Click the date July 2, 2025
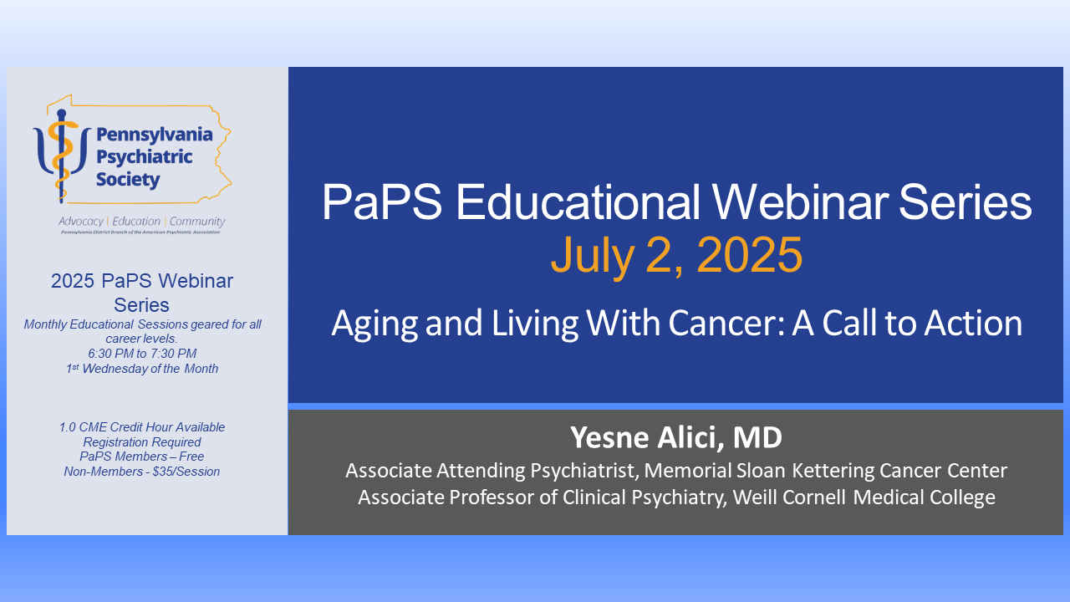pos(676,256)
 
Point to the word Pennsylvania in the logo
pos(155,134)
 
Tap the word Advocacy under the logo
pos(81,222)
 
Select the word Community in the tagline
pos(197,222)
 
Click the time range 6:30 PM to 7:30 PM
pos(142,354)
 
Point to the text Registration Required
pos(142,441)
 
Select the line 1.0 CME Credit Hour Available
pos(142,426)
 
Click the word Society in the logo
pos(128,179)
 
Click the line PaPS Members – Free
pos(142,457)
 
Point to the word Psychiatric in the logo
pos(145,156)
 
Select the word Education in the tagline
pos(135,222)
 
